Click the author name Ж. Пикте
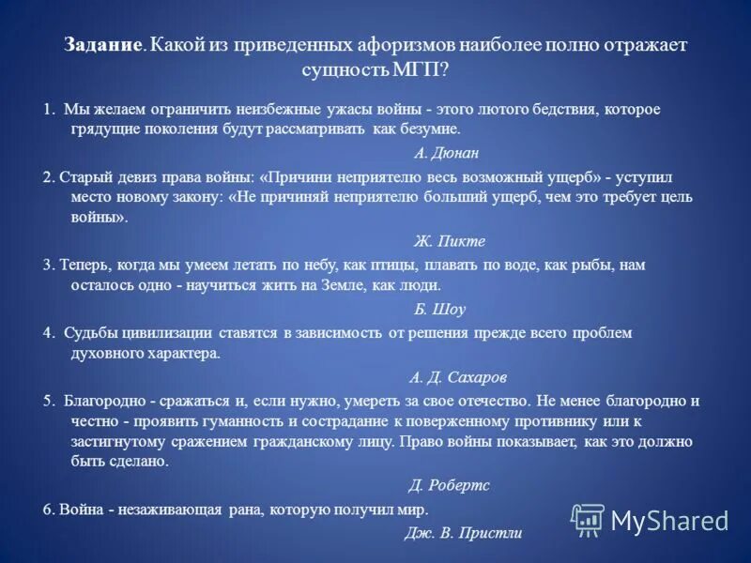[450, 240]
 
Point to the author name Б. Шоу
[439, 309]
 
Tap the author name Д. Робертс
[449, 485]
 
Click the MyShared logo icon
[588, 519]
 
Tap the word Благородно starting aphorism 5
[104, 400]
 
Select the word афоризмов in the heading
[409, 45]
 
